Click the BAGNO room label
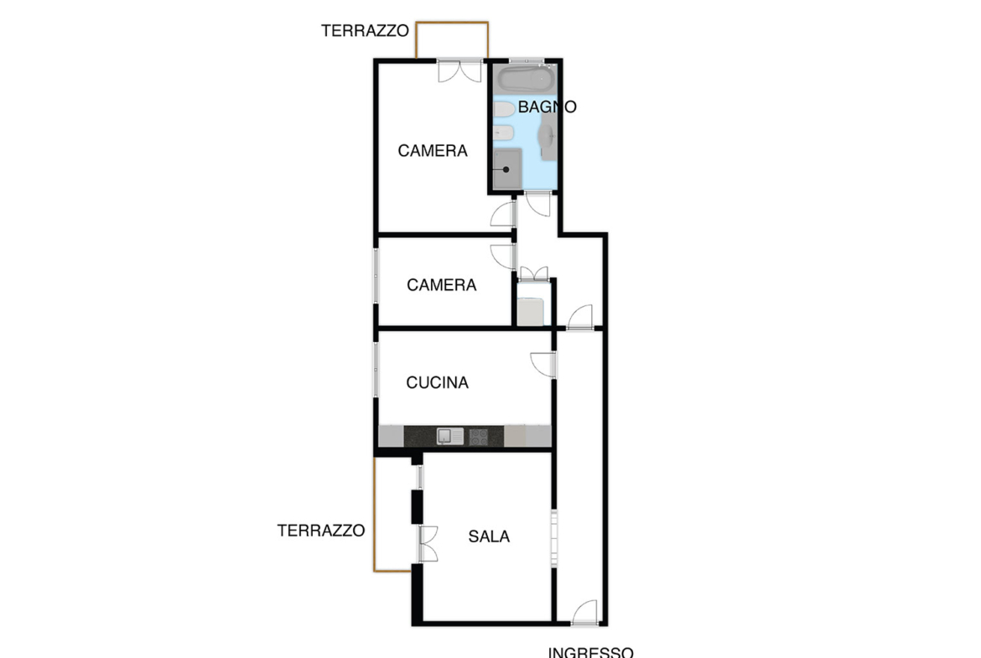[547, 107]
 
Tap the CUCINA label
[437, 382]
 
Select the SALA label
[489, 536]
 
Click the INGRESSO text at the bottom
[590, 652]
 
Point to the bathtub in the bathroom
[527, 80]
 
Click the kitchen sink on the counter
[449, 436]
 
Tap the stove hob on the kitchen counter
[479, 437]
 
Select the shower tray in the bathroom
[506, 168]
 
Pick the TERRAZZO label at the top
[365, 31]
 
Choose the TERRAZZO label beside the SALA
[321, 531]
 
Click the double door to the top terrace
[459, 71]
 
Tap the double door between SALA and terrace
[428, 544]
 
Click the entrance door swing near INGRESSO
[585, 613]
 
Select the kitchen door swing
[543, 365]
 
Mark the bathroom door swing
[537, 205]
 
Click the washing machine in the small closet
[531, 312]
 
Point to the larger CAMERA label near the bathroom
[433, 151]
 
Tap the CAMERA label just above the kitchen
[441, 285]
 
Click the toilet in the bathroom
[504, 109]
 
